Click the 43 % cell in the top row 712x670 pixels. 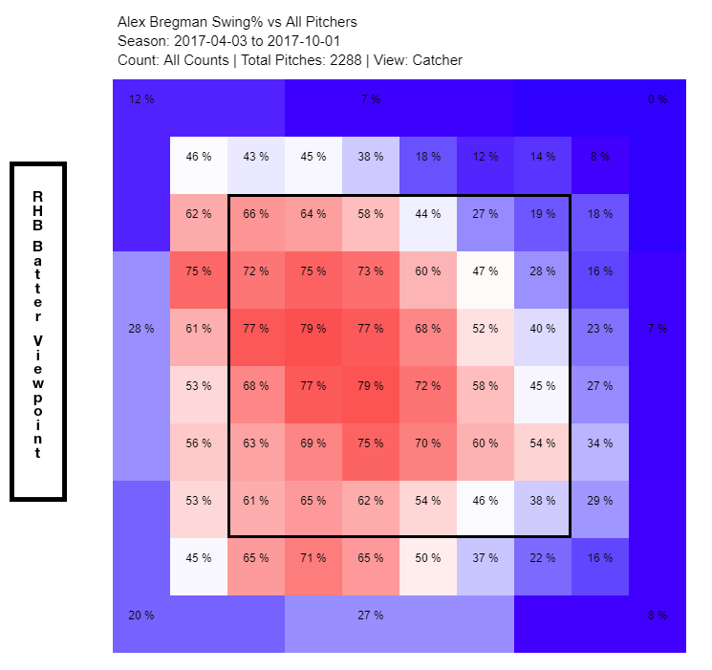[x=255, y=157]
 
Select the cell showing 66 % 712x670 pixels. [x=255, y=214]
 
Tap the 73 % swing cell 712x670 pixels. [x=370, y=271]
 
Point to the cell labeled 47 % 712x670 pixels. [x=485, y=271]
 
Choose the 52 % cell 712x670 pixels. [x=485, y=329]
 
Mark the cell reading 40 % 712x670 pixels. [x=542, y=329]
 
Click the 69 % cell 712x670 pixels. [x=313, y=443]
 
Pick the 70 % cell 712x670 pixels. [x=427, y=443]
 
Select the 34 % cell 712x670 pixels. [x=599, y=443]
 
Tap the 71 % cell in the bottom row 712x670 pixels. [x=313, y=558]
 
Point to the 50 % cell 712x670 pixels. [x=427, y=558]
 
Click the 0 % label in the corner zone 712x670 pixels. [x=657, y=99]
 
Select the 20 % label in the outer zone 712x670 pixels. [x=140, y=616]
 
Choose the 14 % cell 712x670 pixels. [x=542, y=157]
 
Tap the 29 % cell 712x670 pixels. [x=599, y=501]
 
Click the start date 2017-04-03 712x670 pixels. [x=210, y=41]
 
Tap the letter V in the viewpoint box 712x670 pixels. [x=37, y=340]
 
